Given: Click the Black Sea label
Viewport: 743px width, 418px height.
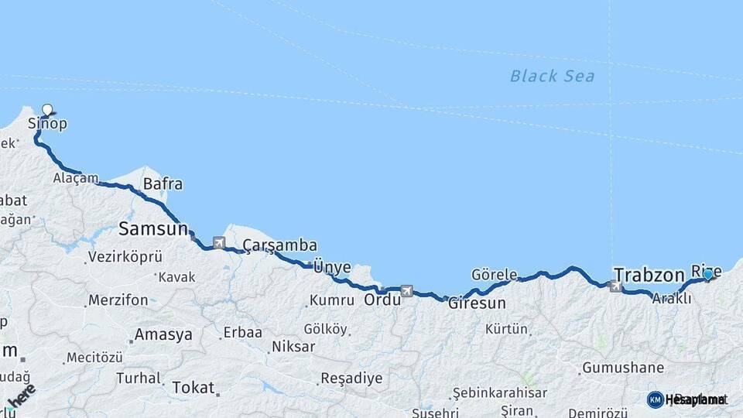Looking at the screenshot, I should tap(552, 76).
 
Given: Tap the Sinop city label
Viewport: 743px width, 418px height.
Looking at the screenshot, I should tap(47, 124).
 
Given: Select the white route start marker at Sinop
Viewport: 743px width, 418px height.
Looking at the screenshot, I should tap(47, 110).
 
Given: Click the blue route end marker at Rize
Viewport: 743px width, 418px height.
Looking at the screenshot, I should tap(707, 274).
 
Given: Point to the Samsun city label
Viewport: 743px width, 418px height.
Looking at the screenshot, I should tap(153, 229).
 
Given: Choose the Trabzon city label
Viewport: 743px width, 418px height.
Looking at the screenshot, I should tap(649, 275).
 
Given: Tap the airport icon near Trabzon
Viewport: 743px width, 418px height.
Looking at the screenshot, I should tap(616, 286).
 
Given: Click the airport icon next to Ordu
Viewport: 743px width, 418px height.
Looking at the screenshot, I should tap(407, 291).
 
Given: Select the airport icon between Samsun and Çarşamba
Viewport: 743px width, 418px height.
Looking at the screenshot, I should tap(219, 243).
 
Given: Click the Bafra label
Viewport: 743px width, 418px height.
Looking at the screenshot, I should tap(163, 184).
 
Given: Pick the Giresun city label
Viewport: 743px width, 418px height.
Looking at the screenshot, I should tap(477, 303).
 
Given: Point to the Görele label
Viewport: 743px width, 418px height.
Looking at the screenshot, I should tap(494, 275).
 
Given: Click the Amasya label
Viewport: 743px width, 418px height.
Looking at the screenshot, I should tap(163, 335).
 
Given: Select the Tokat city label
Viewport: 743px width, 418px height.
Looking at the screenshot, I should tap(192, 387).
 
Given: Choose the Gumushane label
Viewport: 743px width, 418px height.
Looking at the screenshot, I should tap(623, 368).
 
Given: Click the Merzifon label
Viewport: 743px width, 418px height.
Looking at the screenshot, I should tap(118, 300).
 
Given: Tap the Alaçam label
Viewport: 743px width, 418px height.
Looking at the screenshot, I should tap(76, 178).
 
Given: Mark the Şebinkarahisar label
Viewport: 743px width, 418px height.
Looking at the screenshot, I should tap(500, 393).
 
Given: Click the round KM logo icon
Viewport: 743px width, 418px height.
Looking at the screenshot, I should tap(655, 399).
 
